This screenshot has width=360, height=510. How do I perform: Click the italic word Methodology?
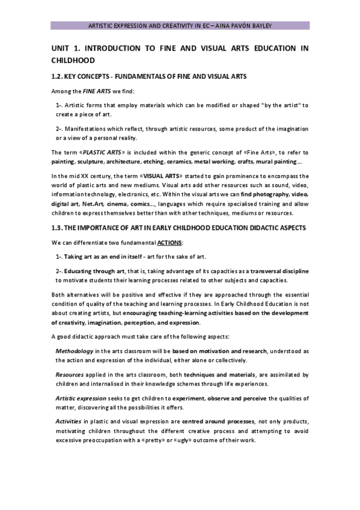click(74, 350)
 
